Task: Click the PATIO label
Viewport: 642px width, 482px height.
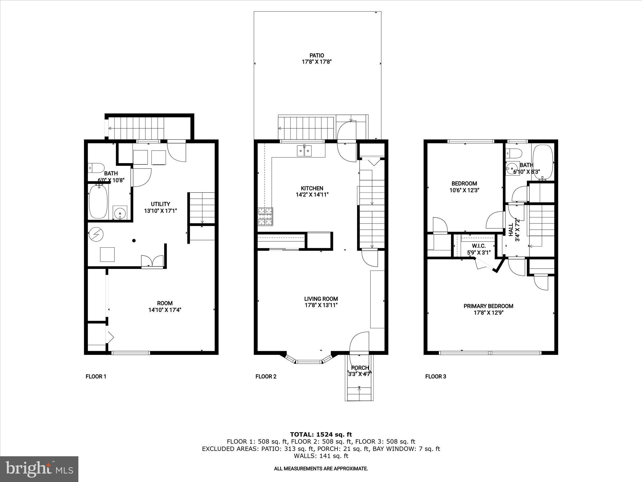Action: point(317,56)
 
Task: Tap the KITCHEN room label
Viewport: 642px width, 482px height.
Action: point(312,188)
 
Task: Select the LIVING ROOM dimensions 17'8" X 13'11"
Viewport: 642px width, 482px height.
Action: point(321,305)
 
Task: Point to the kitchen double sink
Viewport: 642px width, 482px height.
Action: point(304,151)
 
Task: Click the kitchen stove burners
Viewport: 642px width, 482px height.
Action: point(265,217)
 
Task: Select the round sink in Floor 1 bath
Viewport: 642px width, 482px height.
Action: point(120,213)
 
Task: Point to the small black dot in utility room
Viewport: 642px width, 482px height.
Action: point(134,241)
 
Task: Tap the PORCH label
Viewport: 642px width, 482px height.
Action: point(360,368)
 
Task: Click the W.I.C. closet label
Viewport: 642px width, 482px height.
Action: point(478,246)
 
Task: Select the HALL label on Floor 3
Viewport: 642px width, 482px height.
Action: point(511,230)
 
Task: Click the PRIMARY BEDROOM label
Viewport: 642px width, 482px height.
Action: point(488,306)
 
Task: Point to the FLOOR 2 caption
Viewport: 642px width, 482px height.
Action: point(266,377)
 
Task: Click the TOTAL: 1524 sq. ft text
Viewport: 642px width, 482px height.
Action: point(321,435)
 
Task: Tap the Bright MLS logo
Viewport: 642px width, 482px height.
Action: point(39,469)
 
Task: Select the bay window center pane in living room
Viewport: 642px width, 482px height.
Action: point(309,362)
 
